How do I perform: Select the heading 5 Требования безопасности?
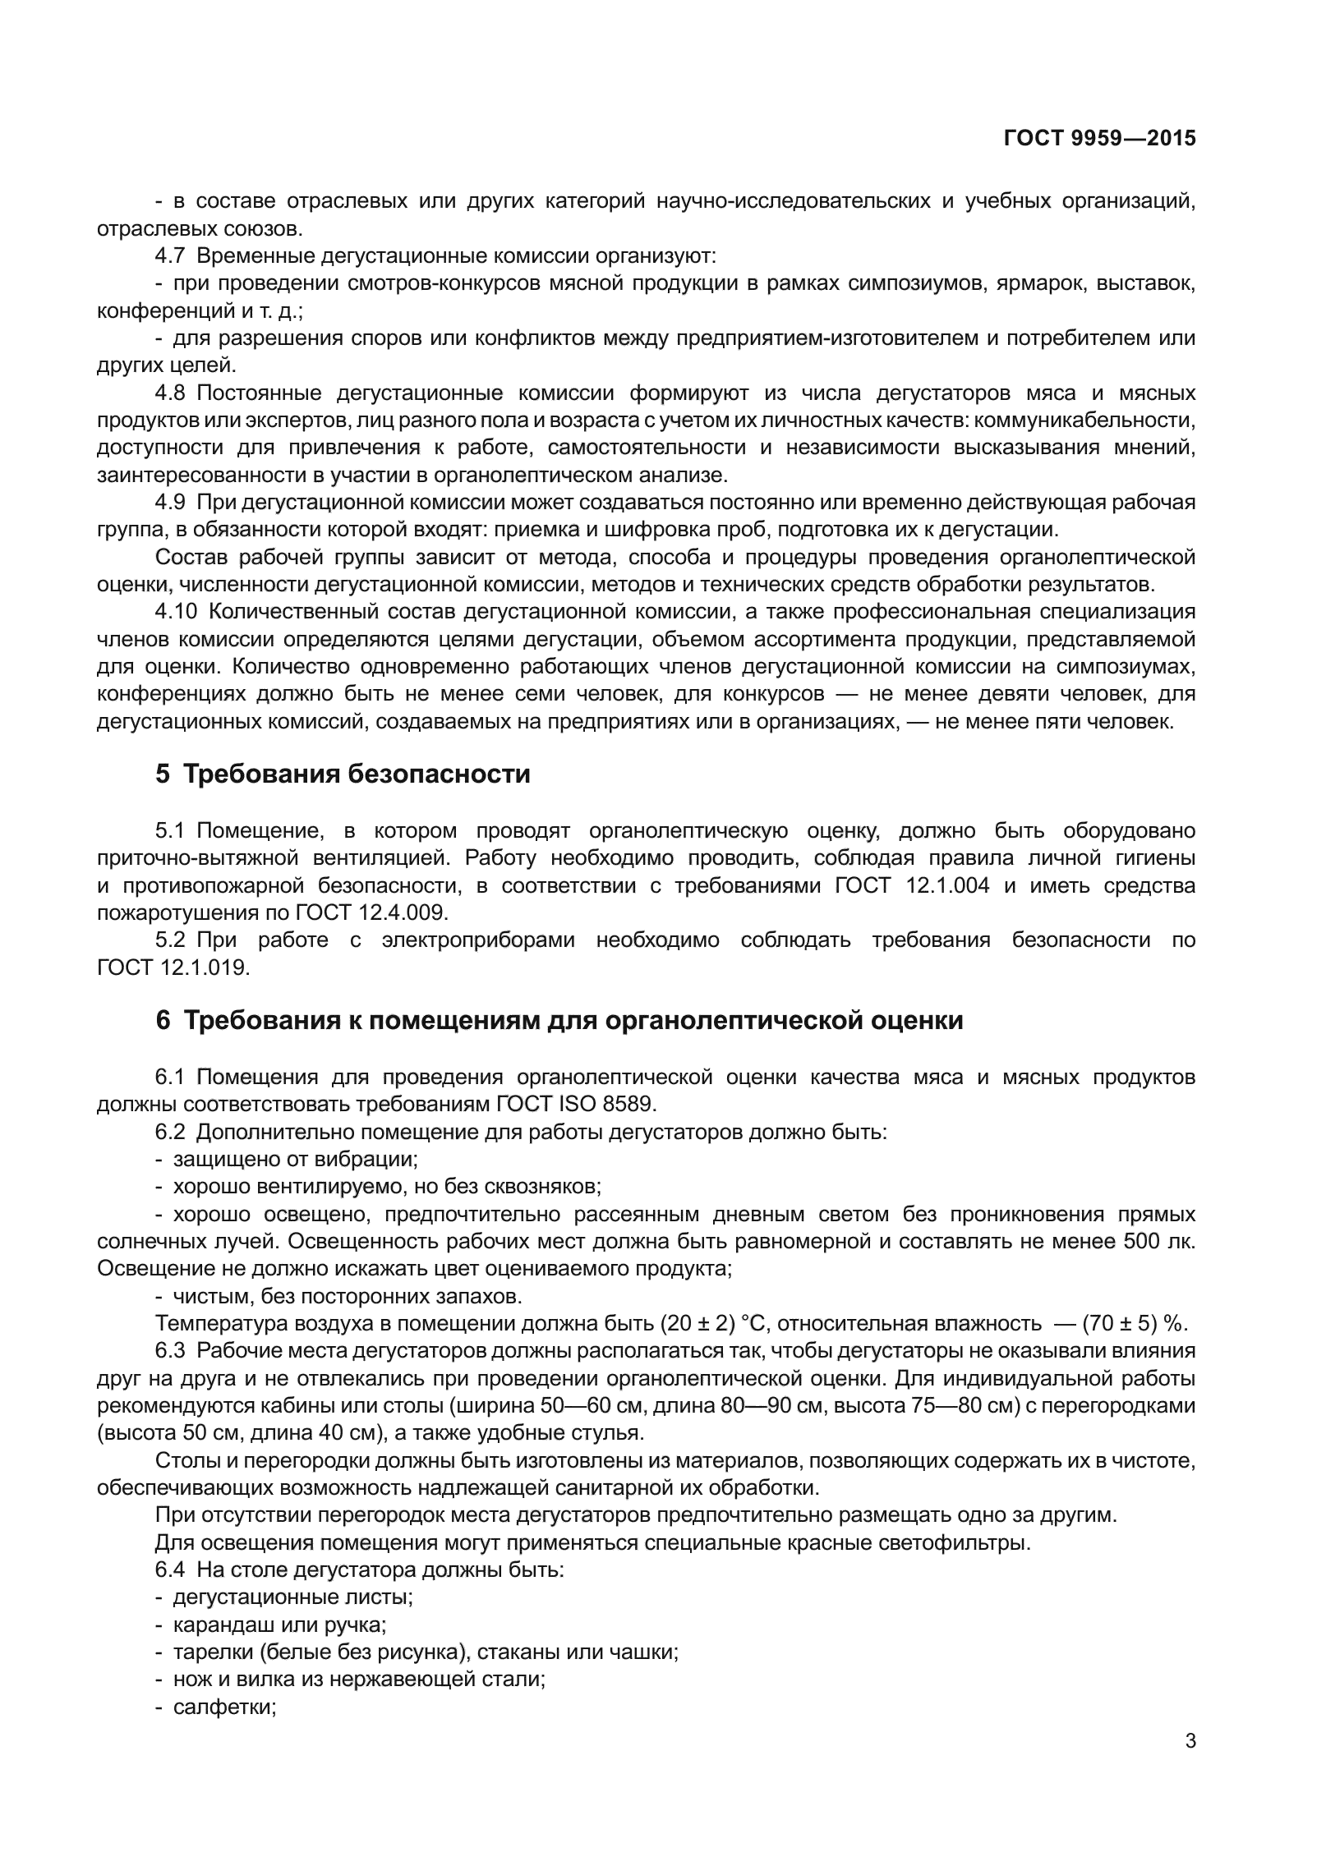(343, 774)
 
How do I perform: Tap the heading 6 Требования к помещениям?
(559, 1021)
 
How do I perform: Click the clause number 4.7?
(169, 256)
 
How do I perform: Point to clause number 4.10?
(175, 613)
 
